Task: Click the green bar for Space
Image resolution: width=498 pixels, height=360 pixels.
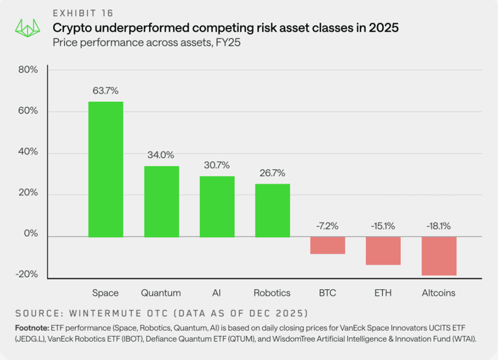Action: pyautogui.click(x=106, y=169)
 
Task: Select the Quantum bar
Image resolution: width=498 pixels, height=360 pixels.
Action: pyautogui.click(x=161, y=201)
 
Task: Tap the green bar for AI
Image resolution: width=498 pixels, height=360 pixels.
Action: pyautogui.click(x=217, y=206)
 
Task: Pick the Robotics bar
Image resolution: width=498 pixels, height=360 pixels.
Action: pyautogui.click(x=272, y=210)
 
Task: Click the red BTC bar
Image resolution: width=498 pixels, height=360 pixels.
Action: pyautogui.click(x=327, y=245)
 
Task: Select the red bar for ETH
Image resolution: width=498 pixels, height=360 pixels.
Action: pyautogui.click(x=383, y=250)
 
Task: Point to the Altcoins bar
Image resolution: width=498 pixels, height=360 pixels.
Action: pyautogui.click(x=439, y=256)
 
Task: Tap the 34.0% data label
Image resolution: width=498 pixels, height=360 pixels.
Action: pyautogui.click(x=161, y=155)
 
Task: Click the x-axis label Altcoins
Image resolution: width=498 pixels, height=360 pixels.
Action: pyautogui.click(x=439, y=293)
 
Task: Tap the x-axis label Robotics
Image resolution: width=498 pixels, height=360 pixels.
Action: pyautogui.click(x=272, y=293)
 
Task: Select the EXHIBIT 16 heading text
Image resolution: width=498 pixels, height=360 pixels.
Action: pyautogui.click(x=84, y=13)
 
